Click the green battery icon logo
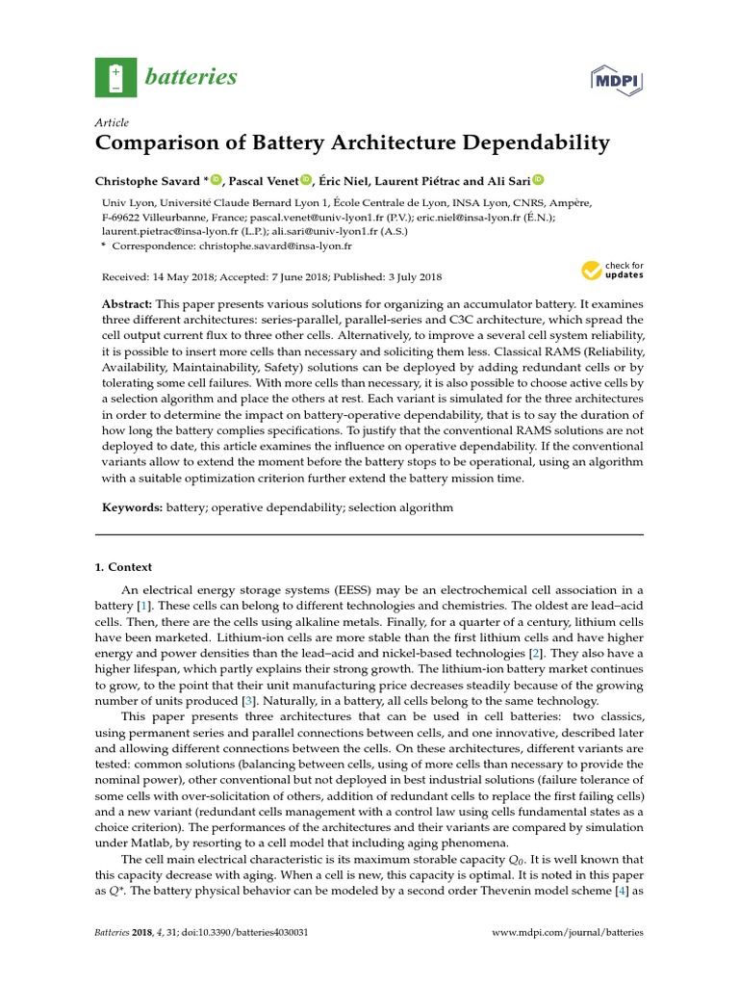(115, 77)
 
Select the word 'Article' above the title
(112, 123)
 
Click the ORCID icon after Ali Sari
(538, 179)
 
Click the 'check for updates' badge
(613, 272)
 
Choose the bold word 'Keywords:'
(133, 506)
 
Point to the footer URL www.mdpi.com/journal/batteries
(567, 933)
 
